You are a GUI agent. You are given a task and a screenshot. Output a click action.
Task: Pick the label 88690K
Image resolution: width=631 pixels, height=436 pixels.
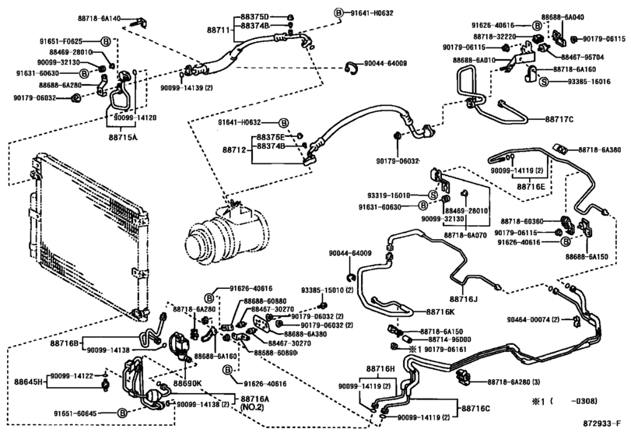point(188,383)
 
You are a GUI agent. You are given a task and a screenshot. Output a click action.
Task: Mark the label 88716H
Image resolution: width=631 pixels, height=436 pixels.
point(381,370)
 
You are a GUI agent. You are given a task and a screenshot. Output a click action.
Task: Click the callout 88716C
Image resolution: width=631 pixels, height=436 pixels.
point(475,407)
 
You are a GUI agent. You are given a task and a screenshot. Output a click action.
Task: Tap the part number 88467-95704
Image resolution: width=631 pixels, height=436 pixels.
point(580,56)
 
